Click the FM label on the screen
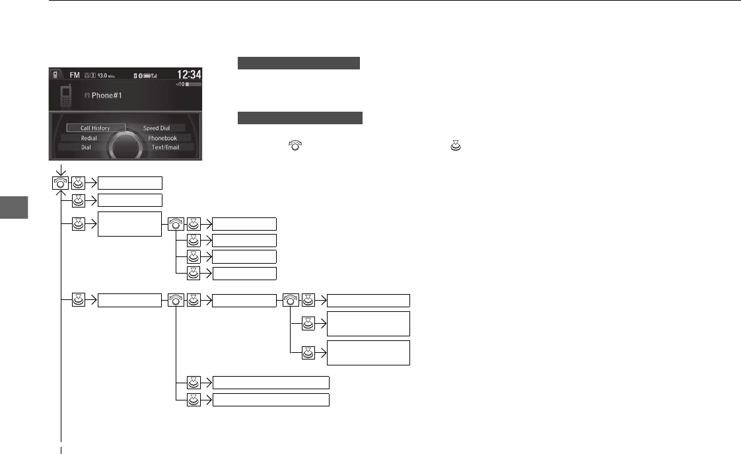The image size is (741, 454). [75, 75]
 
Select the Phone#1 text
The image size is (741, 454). [106, 95]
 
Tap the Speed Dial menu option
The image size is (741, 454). [157, 128]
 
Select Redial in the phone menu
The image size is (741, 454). [88, 138]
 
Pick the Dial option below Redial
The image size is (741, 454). [86, 147]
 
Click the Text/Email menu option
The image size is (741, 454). [165, 147]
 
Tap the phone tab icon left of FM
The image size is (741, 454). [57, 75]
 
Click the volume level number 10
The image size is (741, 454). [180, 85]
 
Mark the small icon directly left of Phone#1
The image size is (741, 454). [87, 95]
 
